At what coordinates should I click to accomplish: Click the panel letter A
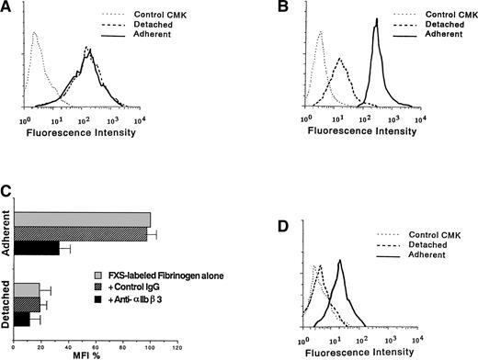(x=6, y=7)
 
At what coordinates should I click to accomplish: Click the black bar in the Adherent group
(x=38, y=249)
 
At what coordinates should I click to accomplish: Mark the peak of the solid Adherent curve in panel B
(x=375, y=25)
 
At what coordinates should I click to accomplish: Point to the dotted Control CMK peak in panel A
(x=34, y=32)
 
